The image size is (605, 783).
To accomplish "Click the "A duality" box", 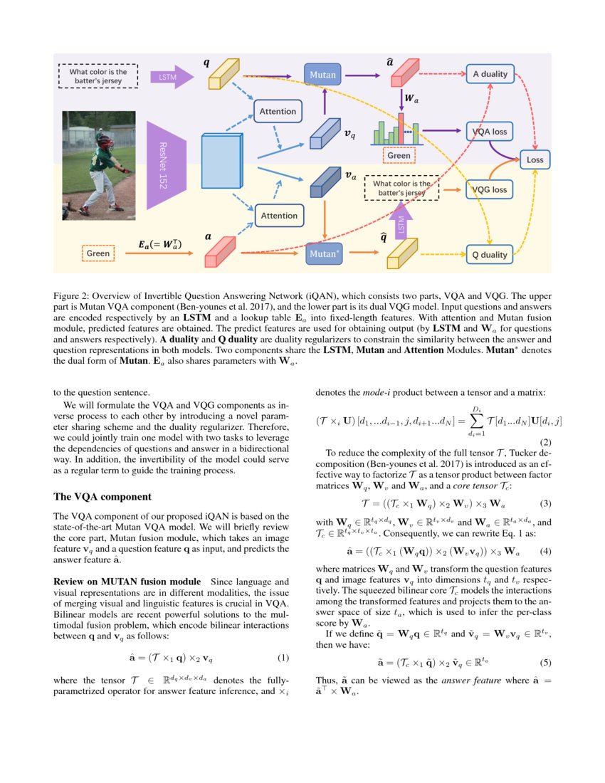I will pyautogui.click(x=490, y=74).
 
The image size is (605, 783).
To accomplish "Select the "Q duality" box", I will pyautogui.click(x=490, y=254).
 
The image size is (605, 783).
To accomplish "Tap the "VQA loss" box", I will pyautogui.click(x=490, y=132).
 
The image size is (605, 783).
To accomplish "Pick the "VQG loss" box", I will pyautogui.click(x=490, y=189).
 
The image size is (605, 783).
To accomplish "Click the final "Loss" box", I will pyautogui.click(x=535, y=160).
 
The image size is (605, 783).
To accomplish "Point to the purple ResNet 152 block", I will pyautogui.click(x=166, y=164).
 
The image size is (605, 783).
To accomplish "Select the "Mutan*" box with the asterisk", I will pyautogui.click(x=324, y=253).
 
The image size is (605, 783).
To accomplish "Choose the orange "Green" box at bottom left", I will pyautogui.click(x=98, y=253).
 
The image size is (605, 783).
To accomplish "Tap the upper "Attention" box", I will pyautogui.click(x=278, y=112).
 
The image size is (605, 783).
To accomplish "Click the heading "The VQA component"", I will pyautogui.click(x=102, y=496).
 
